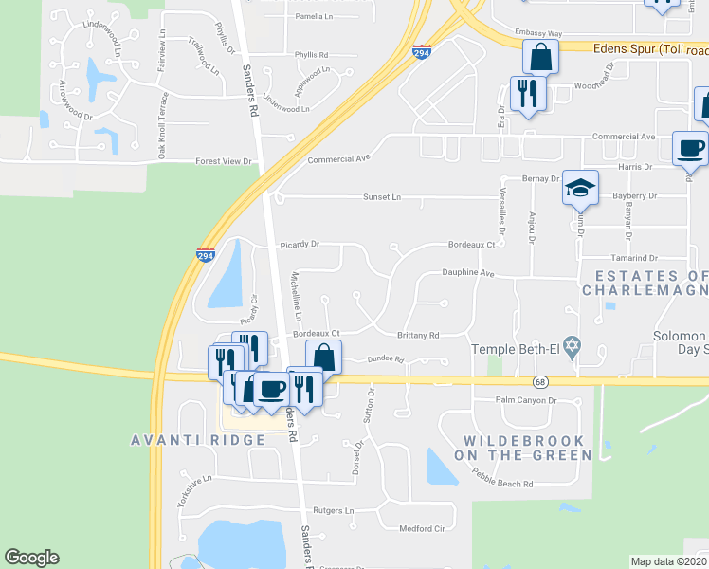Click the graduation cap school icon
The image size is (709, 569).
tap(580, 185)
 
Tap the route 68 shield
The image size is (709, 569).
tap(540, 381)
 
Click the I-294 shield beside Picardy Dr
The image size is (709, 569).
tap(205, 255)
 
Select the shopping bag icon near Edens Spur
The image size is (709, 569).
tap(539, 57)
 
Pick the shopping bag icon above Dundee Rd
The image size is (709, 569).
tap(324, 358)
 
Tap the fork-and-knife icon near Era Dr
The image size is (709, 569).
tap(527, 93)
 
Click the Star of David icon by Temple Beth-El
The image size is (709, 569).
tap(571, 349)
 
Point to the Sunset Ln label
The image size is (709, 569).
tap(383, 197)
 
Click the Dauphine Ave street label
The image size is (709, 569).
tap(469, 273)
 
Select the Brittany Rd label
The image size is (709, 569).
tap(418, 335)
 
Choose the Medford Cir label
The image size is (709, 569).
tap(422, 528)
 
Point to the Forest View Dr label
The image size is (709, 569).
tap(224, 161)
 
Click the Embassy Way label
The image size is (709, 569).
tap(538, 31)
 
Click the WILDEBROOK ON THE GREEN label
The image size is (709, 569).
tap(528, 448)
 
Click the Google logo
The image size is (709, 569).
tap(31, 558)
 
